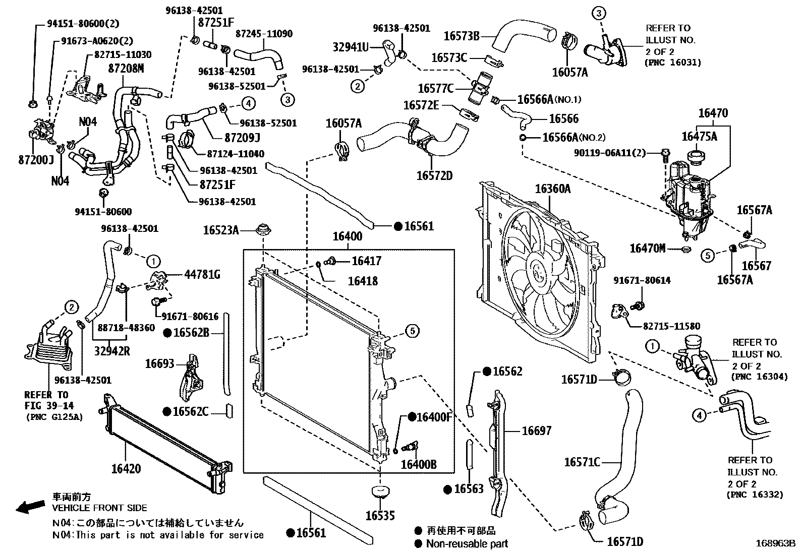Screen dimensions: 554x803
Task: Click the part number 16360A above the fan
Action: (552, 189)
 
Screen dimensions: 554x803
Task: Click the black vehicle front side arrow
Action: (30, 507)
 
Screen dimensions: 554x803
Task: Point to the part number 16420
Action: (126, 469)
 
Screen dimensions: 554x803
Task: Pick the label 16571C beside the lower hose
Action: (582, 462)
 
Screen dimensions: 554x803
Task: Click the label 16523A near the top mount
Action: (221, 230)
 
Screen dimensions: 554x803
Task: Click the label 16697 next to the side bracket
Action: (536, 430)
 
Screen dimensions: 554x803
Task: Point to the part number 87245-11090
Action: (264, 34)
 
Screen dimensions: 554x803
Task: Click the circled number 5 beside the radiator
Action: (412, 331)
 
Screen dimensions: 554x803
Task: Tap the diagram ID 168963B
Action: (775, 543)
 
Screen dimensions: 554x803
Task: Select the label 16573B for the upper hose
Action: (461, 36)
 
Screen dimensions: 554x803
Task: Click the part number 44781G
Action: (202, 275)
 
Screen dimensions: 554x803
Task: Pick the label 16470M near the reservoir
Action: (647, 248)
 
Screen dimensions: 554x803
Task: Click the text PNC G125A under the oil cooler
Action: (54, 417)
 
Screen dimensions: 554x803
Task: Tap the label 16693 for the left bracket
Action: (159, 363)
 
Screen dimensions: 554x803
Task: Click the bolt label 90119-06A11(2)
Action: (609, 153)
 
